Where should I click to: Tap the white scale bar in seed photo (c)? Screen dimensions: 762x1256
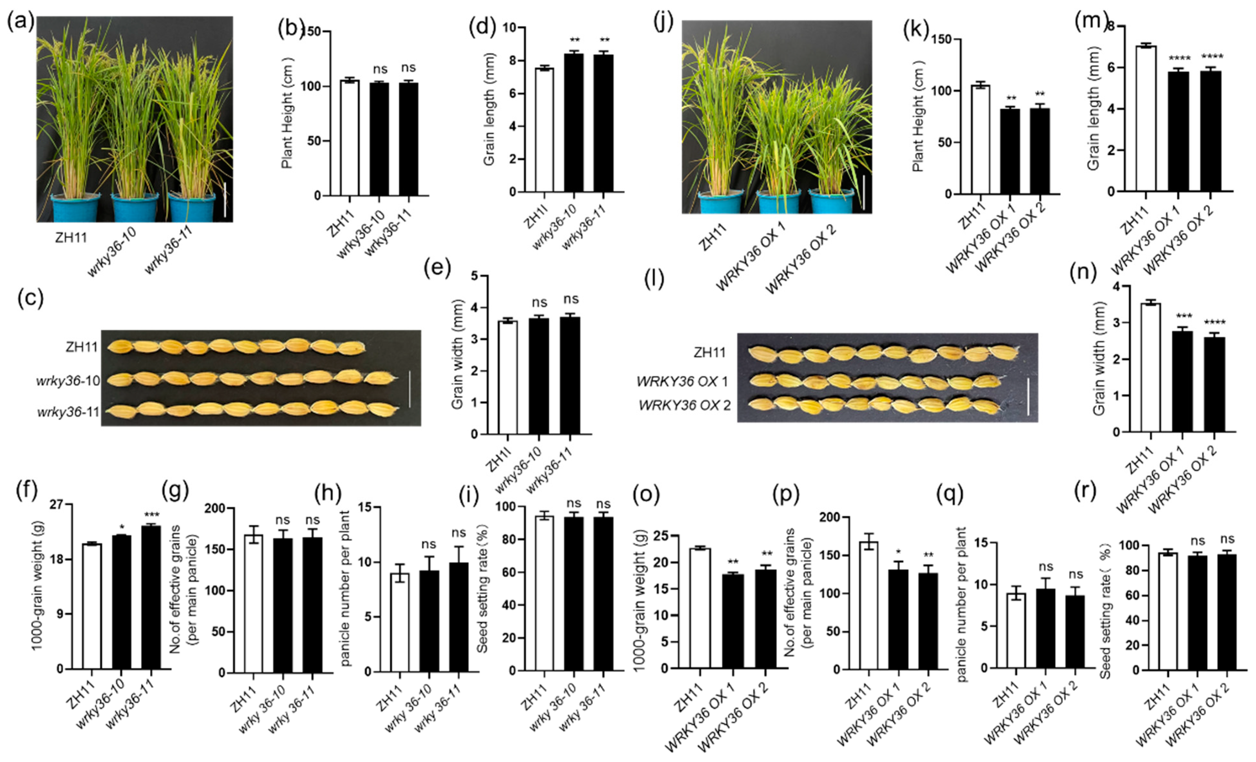point(409,389)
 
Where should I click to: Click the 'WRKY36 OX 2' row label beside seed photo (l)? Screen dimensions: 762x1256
point(685,406)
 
